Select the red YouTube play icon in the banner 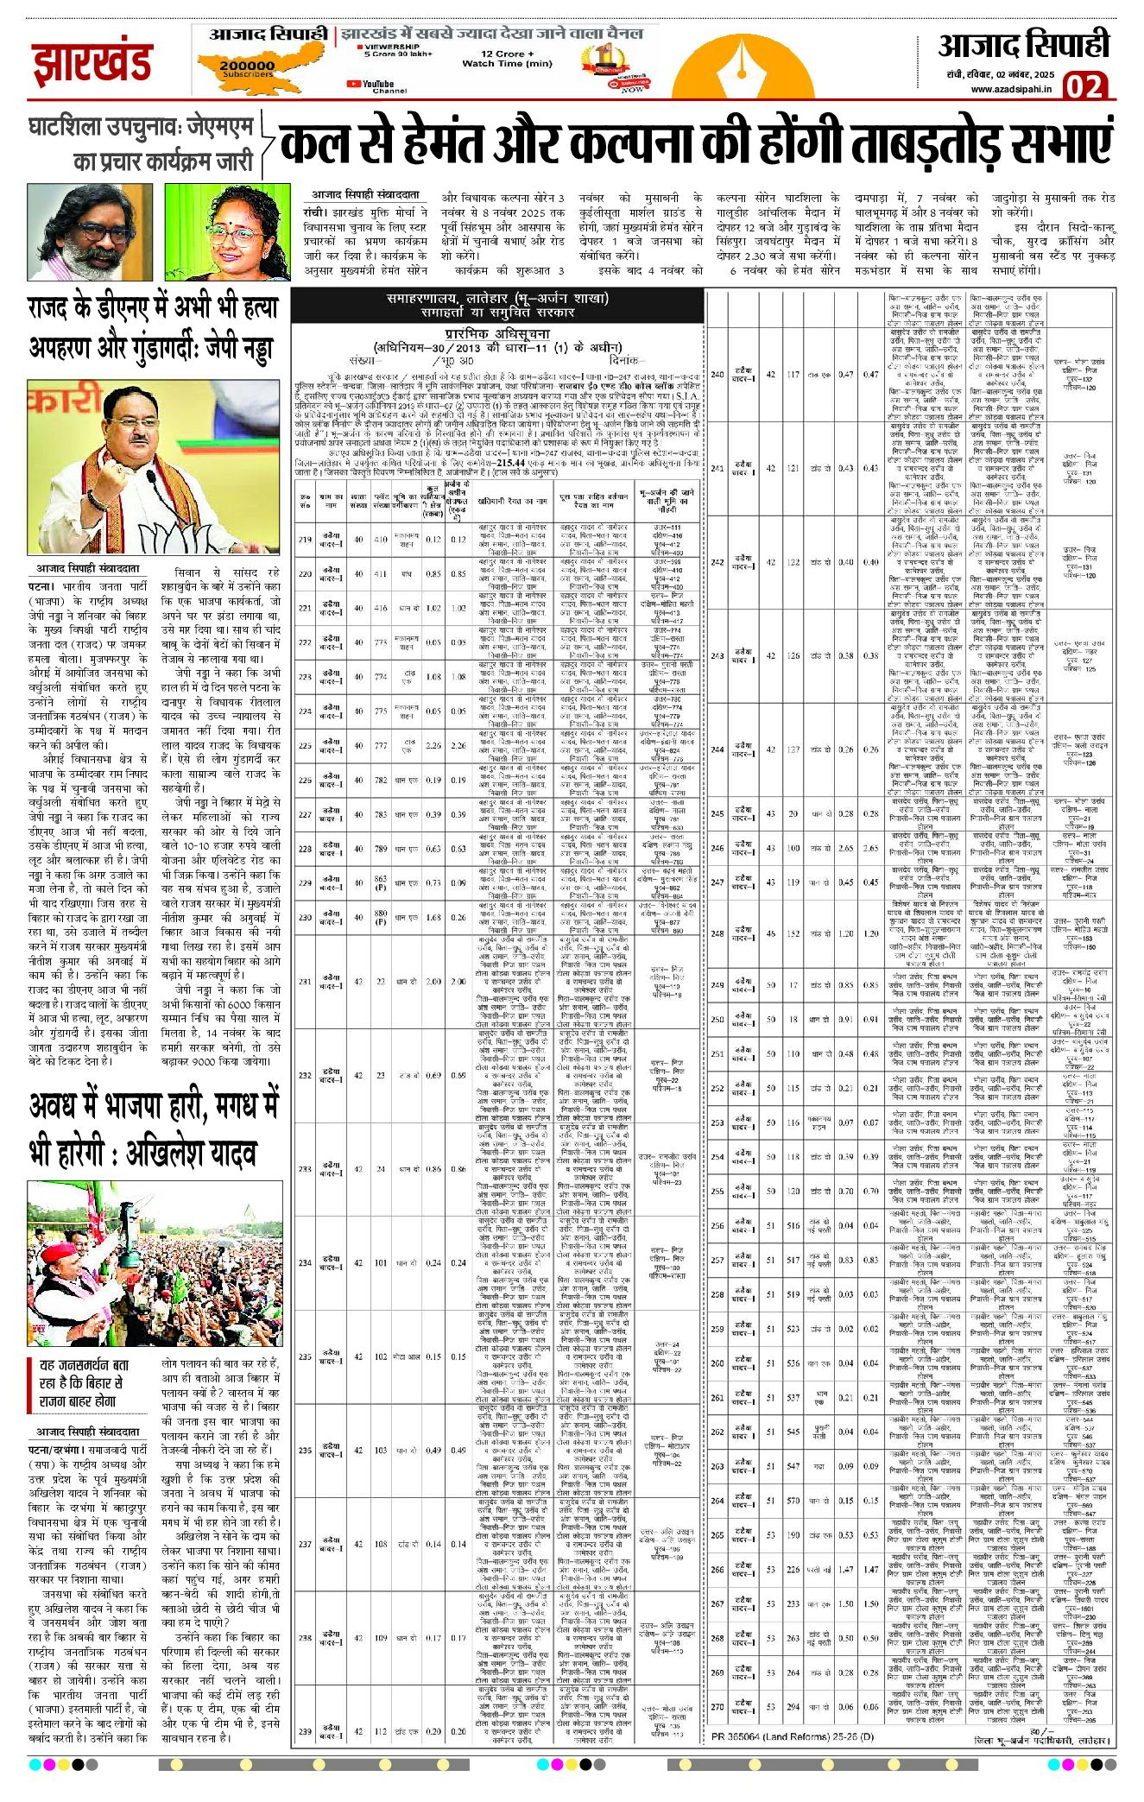[x=353, y=84]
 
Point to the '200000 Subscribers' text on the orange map [x=246, y=68]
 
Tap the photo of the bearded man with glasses [x=89, y=231]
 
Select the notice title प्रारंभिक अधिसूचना [x=498, y=333]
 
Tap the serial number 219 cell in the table [x=304, y=540]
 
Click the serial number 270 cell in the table [x=717, y=1706]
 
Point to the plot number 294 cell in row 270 [x=793, y=1706]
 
